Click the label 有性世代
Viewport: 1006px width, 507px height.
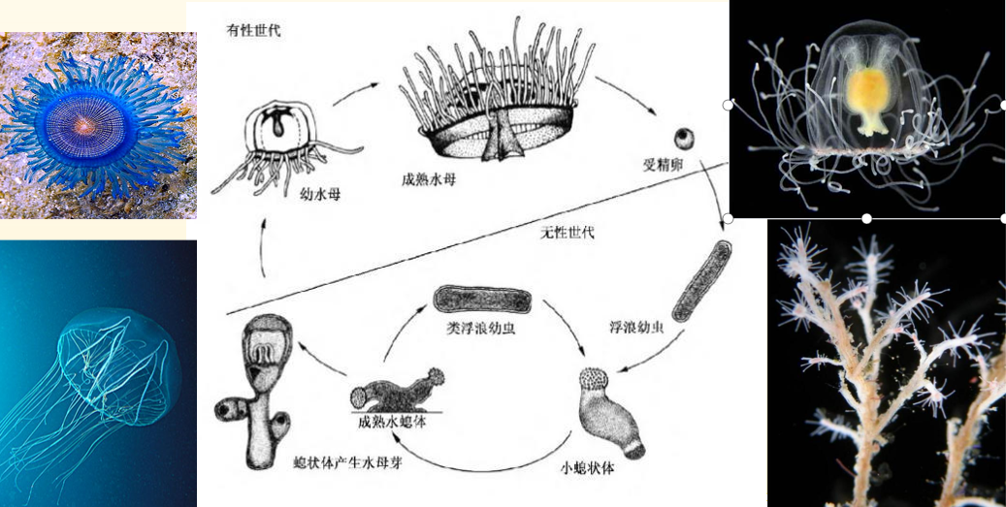(254, 31)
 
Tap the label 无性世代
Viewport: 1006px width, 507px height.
(568, 233)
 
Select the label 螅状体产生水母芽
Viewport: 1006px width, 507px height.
(343, 466)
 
